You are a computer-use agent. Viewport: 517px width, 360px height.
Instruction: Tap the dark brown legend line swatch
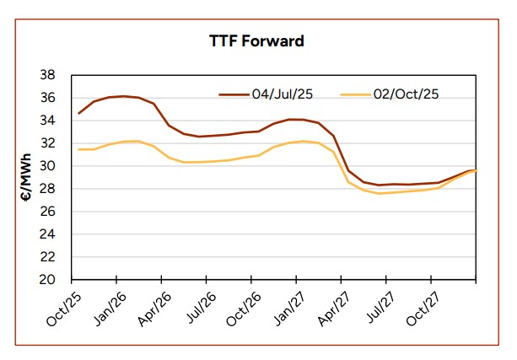233,94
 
